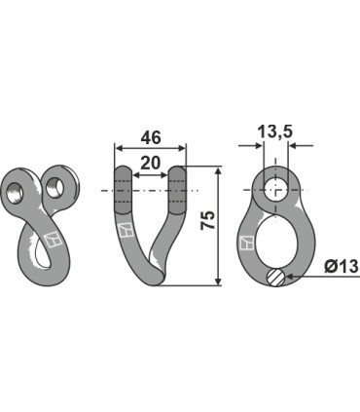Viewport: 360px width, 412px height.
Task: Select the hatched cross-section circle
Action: (276, 279)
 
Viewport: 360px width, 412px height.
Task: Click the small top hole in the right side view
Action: (275, 189)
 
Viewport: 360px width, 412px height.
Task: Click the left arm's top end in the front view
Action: (123, 174)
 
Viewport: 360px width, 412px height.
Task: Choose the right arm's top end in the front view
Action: (178, 174)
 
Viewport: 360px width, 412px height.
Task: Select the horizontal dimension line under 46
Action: (151, 147)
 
